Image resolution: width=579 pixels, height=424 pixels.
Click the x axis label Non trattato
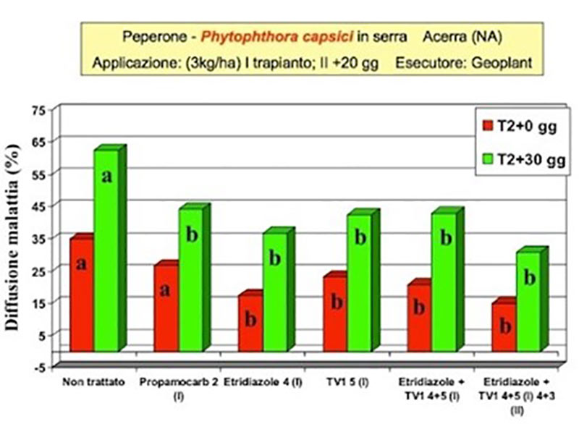pyautogui.click(x=94, y=381)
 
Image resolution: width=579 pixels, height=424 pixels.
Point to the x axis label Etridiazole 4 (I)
pyautogui.click(x=262, y=381)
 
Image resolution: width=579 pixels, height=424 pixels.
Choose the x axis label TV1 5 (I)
pyautogui.click(x=347, y=381)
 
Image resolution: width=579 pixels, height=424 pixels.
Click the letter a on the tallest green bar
pyautogui.click(x=106, y=176)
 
